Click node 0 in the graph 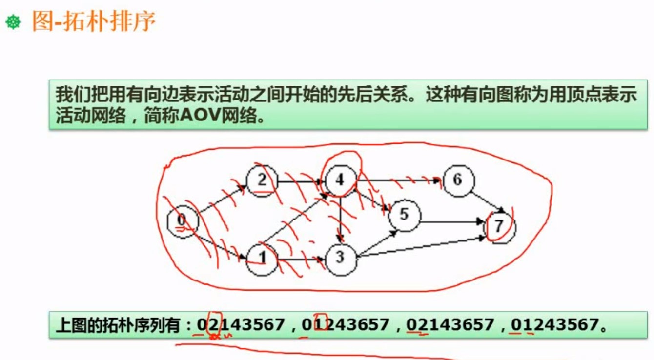[182, 222]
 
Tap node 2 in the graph [262, 181]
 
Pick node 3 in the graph [340, 258]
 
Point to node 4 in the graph [340, 180]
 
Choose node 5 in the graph [404, 215]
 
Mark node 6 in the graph [457, 180]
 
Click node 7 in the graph [499, 227]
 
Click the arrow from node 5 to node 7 [451, 222]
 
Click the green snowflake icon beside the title [13, 22]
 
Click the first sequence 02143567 [241, 324]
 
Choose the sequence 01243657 [346, 324]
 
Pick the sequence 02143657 [450, 324]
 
